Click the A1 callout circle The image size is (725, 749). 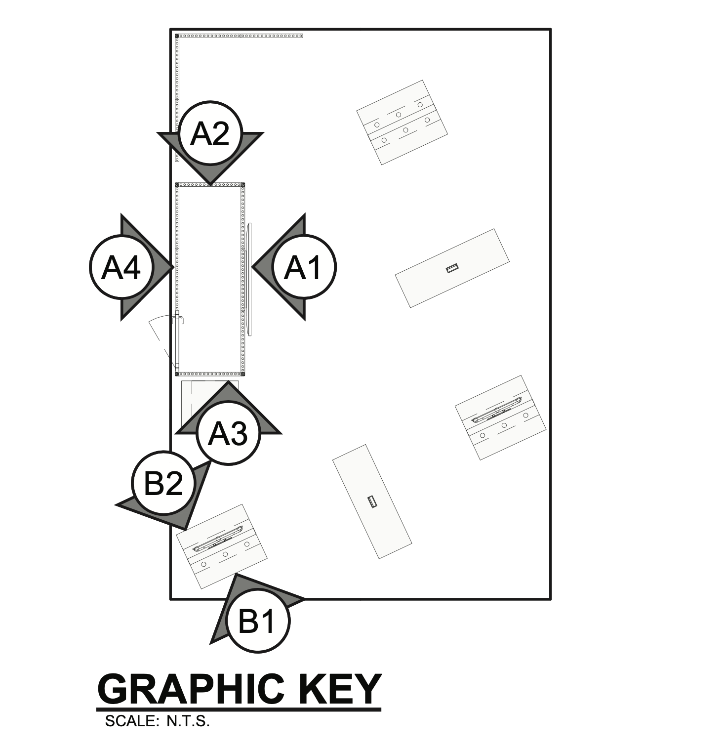304,267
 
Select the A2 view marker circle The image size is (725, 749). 210,133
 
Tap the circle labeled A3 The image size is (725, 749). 228,433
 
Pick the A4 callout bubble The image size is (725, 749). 121,267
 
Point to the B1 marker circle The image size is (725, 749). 257,621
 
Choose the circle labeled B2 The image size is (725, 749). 163,483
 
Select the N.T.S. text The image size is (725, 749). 188,721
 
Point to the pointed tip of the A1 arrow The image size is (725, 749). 253,267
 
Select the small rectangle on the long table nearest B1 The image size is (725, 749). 373,501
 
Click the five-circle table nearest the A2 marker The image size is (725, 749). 402,122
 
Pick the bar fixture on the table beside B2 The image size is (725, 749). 218,539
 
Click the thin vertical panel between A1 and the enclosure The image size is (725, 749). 249,279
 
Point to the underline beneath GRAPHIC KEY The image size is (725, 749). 240,709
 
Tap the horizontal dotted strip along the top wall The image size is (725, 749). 240,36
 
